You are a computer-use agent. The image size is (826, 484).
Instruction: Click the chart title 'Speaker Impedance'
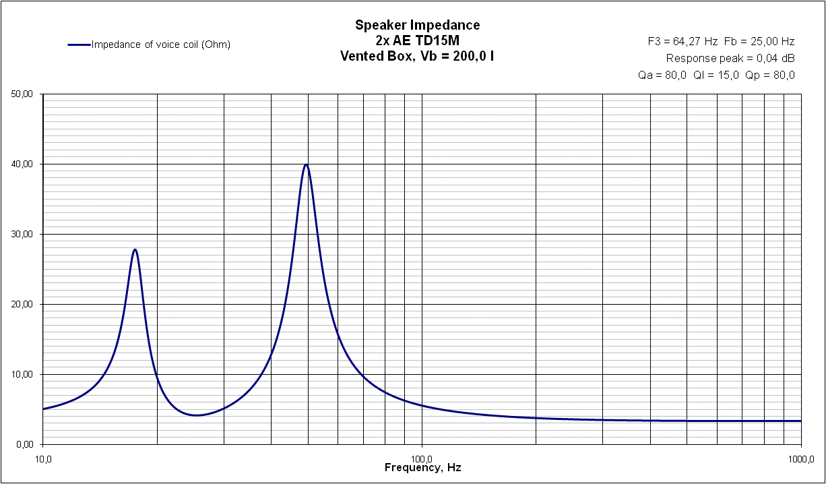pos(417,26)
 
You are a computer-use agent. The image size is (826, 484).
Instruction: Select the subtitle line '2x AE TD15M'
pos(417,40)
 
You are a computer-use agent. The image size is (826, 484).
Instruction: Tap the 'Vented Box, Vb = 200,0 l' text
pos(417,56)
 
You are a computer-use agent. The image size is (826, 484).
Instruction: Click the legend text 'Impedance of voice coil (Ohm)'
pos(161,45)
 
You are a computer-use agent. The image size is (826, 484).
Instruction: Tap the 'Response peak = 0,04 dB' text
pos(730,58)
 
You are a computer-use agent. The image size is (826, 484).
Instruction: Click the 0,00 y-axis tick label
pos(24,445)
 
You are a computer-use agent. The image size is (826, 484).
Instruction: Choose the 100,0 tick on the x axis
pos(422,458)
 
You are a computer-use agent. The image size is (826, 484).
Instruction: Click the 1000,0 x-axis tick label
pos(800,458)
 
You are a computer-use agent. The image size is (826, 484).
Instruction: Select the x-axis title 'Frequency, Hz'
pos(422,468)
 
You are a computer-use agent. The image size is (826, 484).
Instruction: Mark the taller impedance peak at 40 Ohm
pos(307,164)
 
